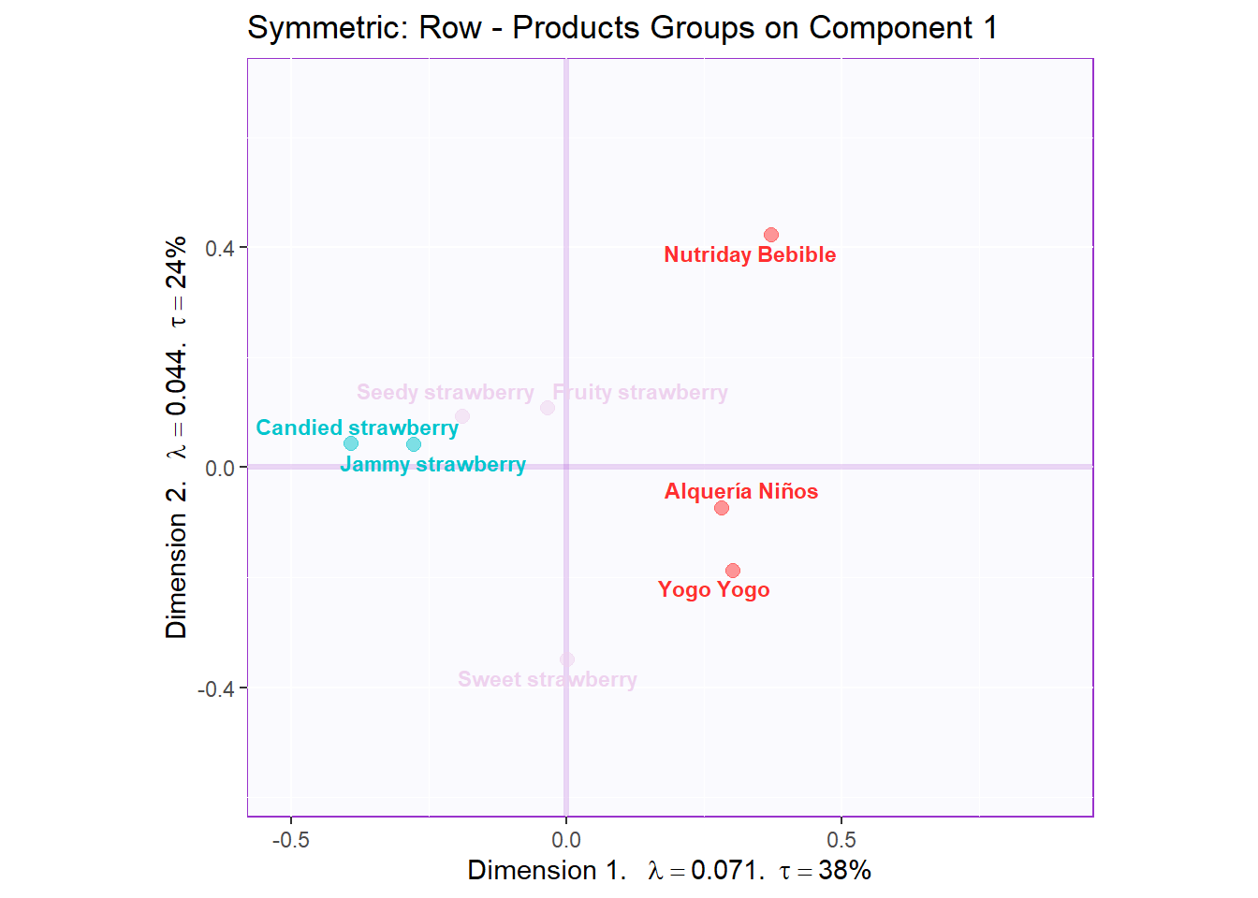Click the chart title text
click(622, 28)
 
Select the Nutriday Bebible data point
click(771, 235)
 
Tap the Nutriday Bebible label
click(750, 254)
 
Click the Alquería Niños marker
click(722, 508)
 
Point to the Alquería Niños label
click(741, 491)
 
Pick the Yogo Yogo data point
click(733, 571)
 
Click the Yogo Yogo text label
click(714, 589)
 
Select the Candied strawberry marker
click(351, 443)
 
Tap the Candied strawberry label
click(357, 427)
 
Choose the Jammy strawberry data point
click(414, 444)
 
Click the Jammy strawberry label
click(432, 464)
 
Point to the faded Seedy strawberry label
click(446, 392)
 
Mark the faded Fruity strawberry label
click(640, 392)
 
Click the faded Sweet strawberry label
click(548, 679)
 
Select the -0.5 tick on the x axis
click(290, 840)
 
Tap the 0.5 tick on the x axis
click(841, 840)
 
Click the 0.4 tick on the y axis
click(220, 248)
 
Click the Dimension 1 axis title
click(669, 871)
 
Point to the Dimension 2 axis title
click(176, 437)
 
